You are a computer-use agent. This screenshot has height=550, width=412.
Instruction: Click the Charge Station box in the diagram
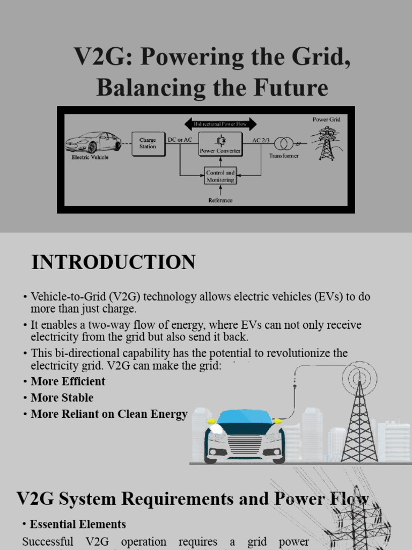click(x=148, y=143)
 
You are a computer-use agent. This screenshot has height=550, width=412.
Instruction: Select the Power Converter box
click(x=220, y=144)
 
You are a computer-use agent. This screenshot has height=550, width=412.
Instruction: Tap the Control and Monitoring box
click(x=220, y=176)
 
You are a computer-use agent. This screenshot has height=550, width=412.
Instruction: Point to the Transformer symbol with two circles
click(x=284, y=144)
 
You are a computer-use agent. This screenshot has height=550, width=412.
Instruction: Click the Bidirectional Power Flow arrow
click(x=220, y=125)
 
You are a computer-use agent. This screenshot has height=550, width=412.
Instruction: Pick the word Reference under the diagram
click(x=220, y=200)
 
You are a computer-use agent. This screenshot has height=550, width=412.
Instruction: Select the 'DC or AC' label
click(x=180, y=140)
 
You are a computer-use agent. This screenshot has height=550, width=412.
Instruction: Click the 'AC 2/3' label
click(x=261, y=140)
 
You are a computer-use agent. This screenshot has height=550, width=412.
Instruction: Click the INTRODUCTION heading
click(x=113, y=263)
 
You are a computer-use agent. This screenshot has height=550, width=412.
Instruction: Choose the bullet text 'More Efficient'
click(x=68, y=381)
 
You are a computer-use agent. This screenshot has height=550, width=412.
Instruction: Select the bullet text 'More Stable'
click(x=62, y=398)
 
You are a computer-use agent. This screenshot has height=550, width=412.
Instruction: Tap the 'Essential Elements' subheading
click(x=78, y=524)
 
